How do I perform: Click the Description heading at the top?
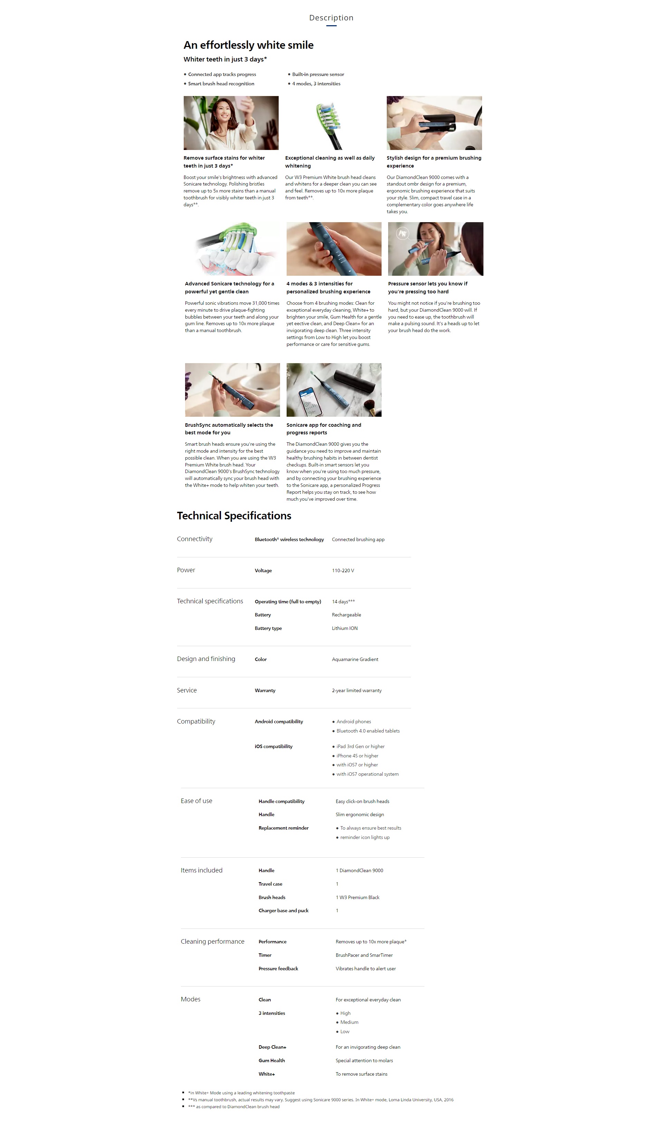click(x=331, y=18)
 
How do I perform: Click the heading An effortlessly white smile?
click(x=248, y=45)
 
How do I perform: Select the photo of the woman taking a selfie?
click(x=231, y=123)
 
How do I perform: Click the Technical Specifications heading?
click(x=234, y=516)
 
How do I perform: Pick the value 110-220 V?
click(x=343, y=570)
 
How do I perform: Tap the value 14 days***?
click(x=343, y=602)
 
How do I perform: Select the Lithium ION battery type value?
click(x=345, y=629)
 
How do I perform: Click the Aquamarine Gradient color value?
click(x=355, y=659)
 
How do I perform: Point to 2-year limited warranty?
click(x=357, y=690)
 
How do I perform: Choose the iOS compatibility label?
click(x=273, y=747)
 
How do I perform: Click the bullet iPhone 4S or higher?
click(x=357, y=756)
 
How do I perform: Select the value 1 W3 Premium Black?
click(x=357, y=897)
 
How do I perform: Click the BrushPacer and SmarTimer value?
click(x=364, y=955)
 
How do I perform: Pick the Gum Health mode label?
click(x=271, y=1060)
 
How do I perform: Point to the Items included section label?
click(x=202, y=870)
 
